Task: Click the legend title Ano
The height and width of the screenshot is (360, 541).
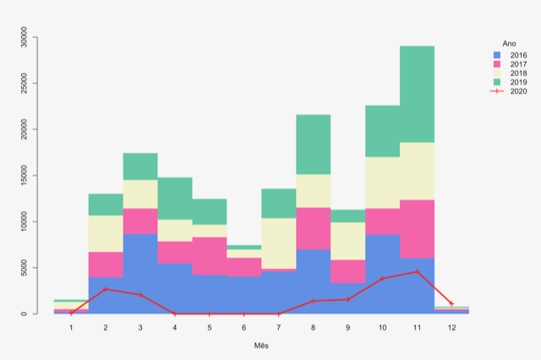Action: tap(509, 42)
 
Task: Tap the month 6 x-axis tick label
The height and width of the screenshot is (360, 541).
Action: tap(244, 326)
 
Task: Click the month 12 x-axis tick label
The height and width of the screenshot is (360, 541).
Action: tap(451, 326)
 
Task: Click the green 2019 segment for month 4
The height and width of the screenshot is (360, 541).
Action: tap(175, 199)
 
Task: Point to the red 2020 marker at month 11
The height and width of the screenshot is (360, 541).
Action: tap(417, 271)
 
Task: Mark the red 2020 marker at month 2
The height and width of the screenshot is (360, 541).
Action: tap(106, 289)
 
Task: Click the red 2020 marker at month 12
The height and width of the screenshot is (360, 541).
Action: tap(451, 303)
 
